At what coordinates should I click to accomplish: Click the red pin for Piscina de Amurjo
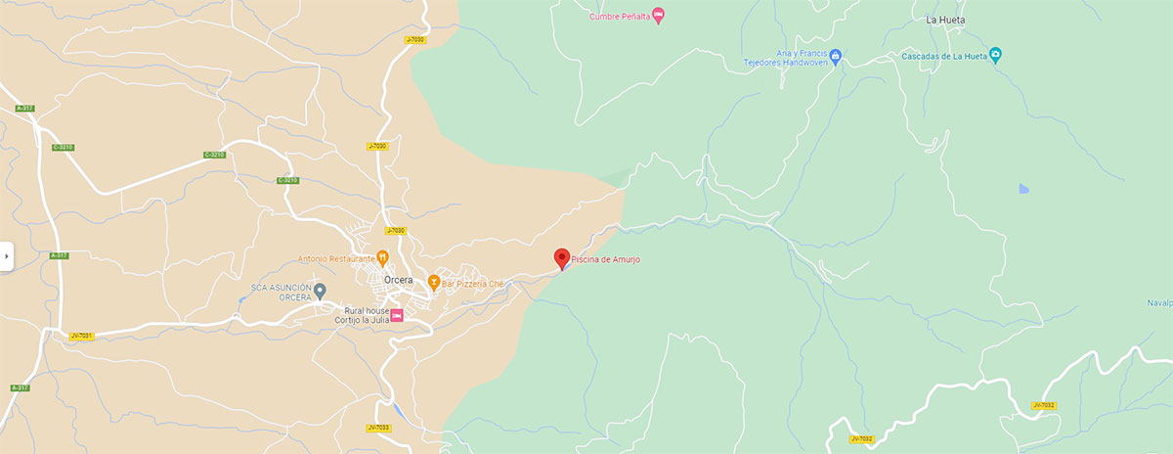pos(561,257)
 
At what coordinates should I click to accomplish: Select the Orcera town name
pos(398,280)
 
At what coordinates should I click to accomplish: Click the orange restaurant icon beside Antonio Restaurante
pos(383,258)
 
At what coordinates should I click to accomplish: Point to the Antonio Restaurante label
pos(336,259)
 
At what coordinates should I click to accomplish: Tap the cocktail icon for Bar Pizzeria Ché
pos(433,284)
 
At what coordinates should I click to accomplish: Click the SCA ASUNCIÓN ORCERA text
pos(281,293)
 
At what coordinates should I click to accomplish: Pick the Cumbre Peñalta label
pos(620,16)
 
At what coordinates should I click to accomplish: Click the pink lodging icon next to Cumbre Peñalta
pos(658,15)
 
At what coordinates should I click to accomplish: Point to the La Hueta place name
pos(944,20)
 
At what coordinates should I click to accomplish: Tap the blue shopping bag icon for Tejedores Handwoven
pos(836,56)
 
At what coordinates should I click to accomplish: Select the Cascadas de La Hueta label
pos(942,56)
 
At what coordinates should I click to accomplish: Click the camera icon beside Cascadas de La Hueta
pos(995,55)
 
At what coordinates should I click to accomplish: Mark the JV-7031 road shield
pos(81,336)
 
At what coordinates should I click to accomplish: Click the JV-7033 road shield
pos(377,428)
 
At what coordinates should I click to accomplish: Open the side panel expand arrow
pos(6,256)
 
